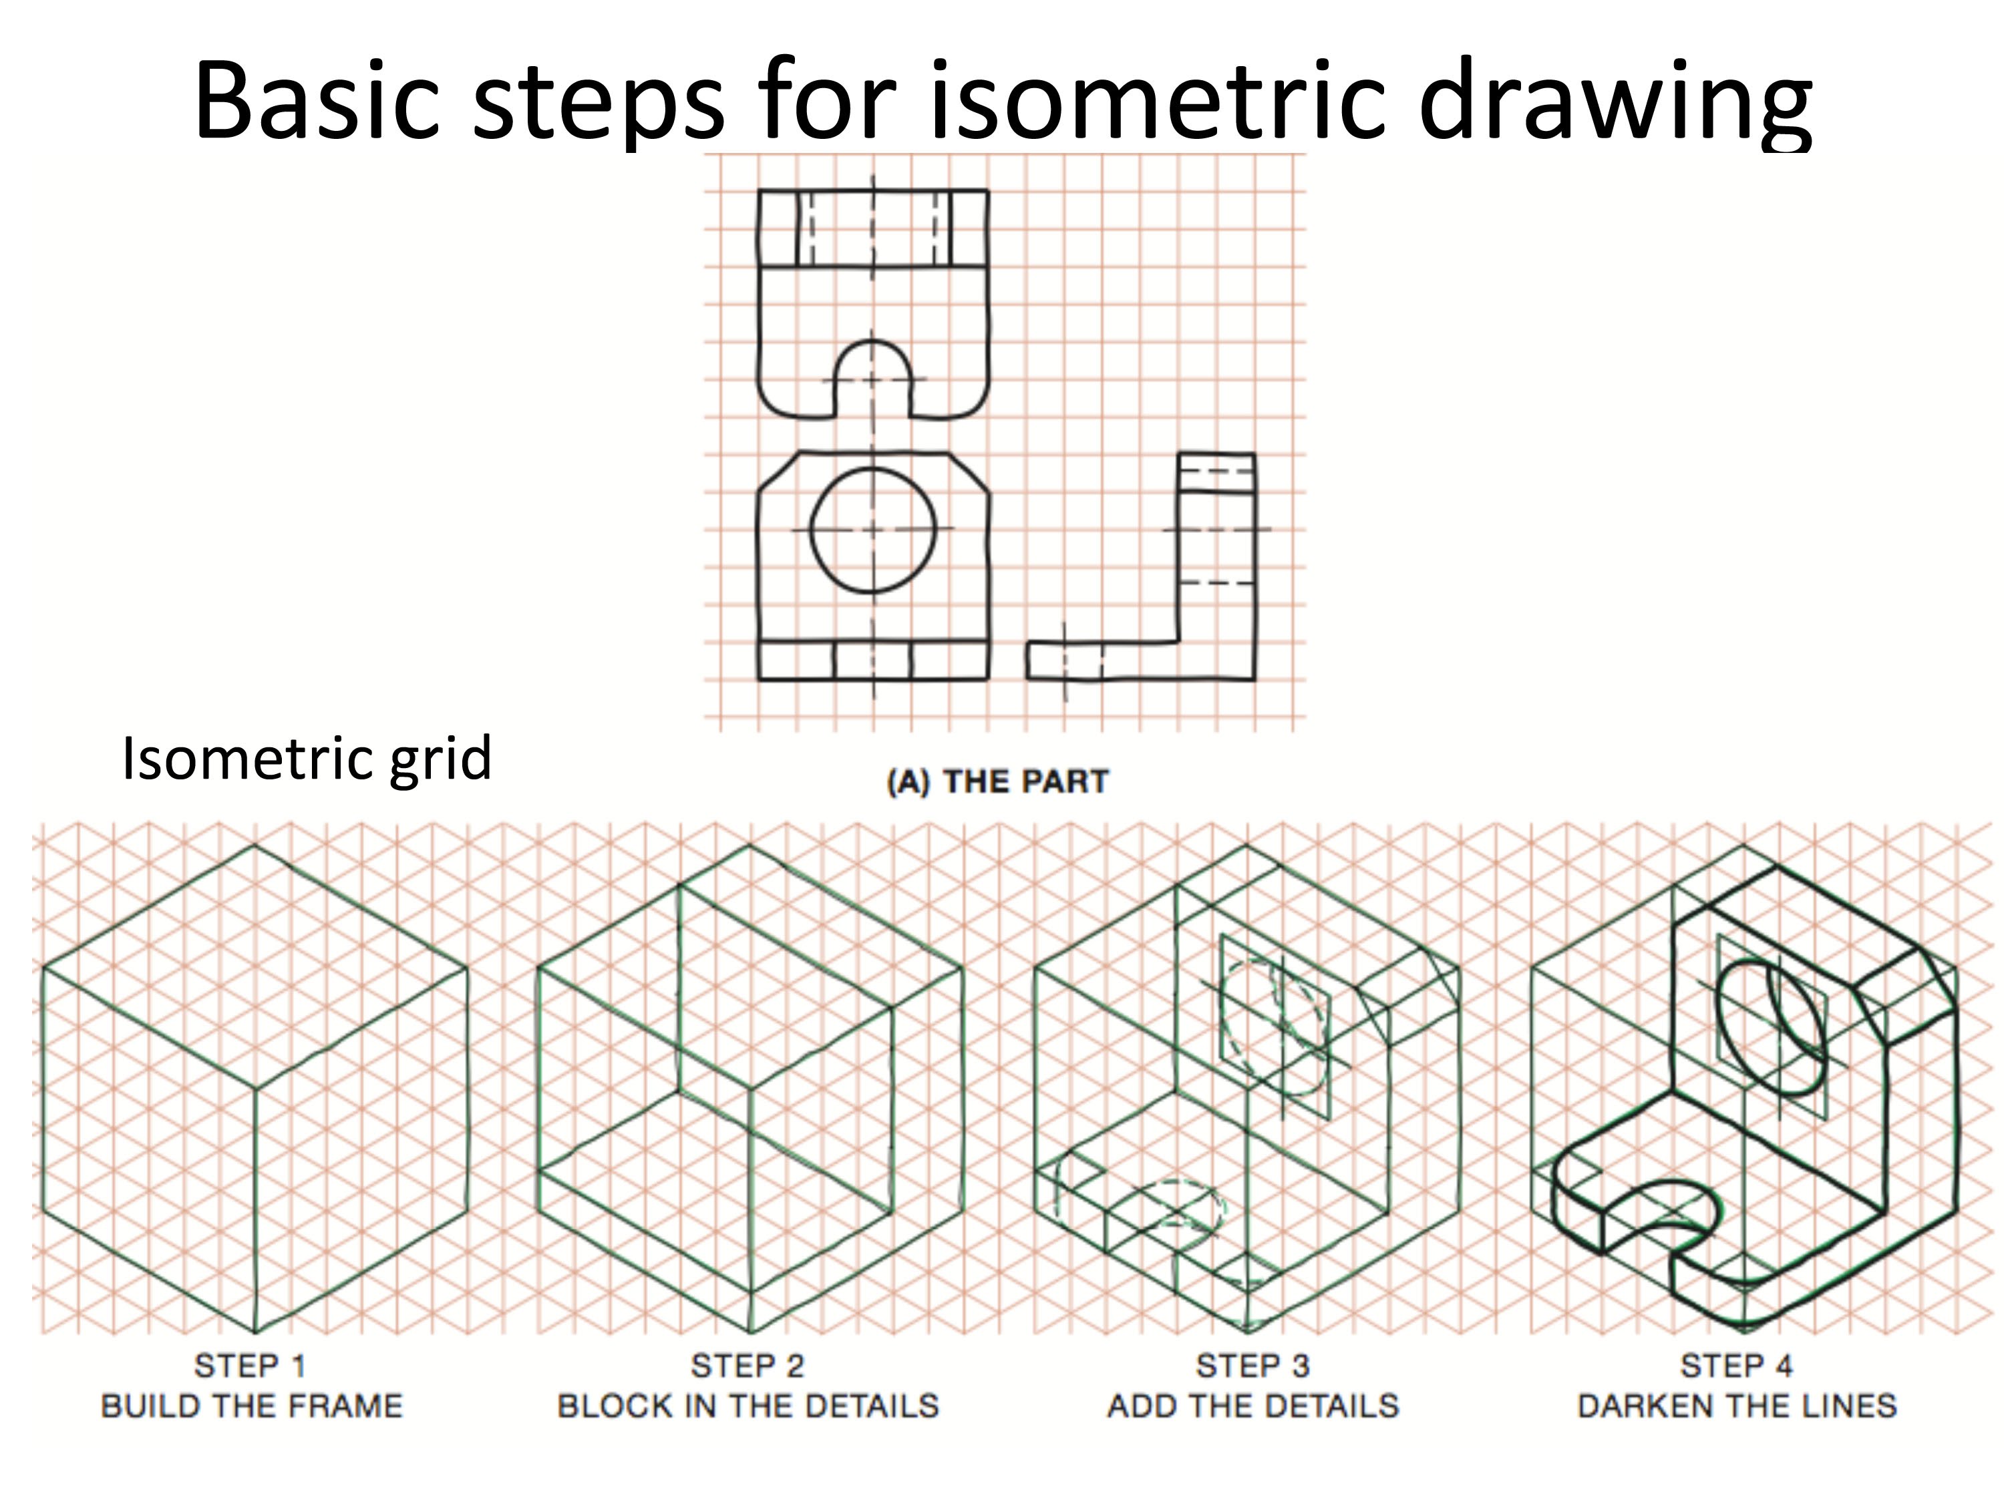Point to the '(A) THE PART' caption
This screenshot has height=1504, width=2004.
[997, 781]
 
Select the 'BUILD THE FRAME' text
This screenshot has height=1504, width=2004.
[251, 1406]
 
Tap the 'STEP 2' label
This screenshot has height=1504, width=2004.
[747, 1365]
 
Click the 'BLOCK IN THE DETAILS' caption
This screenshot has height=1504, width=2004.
[747, 1406]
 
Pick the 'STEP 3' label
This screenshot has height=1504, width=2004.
[1252, 1365]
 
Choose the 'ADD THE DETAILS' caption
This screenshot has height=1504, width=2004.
[1252, 1406]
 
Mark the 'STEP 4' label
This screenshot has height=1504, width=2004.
[1737, 1365]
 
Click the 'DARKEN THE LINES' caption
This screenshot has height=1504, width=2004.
[1737, 1406]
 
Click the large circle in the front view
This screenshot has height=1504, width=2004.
[872, 530]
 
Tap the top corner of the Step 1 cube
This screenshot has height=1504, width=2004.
[255, 845]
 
